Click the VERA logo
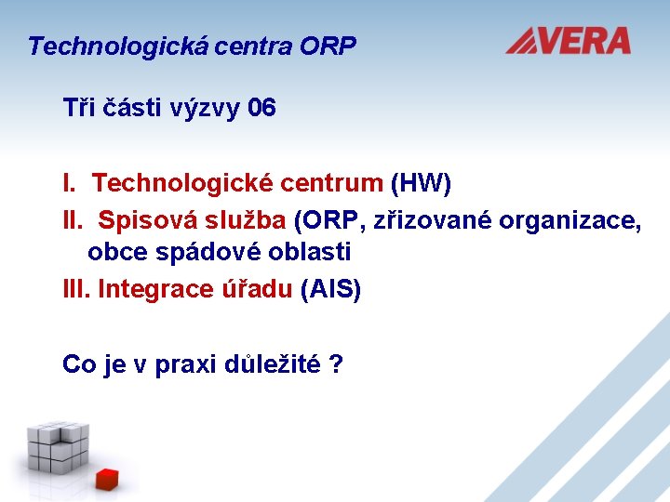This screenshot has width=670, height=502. [x=569, y=41]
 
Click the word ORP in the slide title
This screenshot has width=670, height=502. [x=328, y=46]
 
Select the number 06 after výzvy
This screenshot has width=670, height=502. [x=262, y=108]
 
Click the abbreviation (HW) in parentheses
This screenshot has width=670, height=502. [x=421, y=183]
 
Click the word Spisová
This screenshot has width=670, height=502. [x=141, y=220]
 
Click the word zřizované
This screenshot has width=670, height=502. [x=432, y=220]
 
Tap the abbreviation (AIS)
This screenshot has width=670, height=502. [x=331, y=289]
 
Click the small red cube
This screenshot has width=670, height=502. [x=108, y=479]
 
